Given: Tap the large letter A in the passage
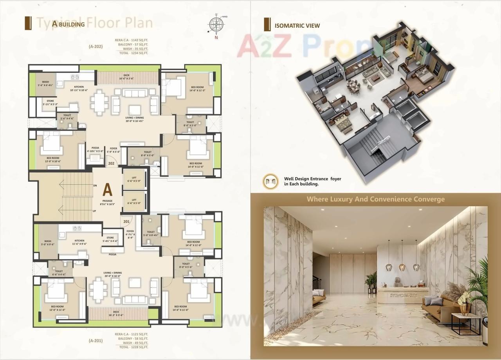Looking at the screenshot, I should pyautogui.click(x=107, y=190).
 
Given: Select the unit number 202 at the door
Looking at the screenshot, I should pyautogui.click(x=111, y=164).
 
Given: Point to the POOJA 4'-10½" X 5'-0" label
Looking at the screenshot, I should pyautogui.click(x=95, y=150).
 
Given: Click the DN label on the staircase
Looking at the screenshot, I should pyautogui.click(x=95, y=185).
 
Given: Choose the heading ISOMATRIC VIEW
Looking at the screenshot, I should pyautogui.click(x=297, y=26).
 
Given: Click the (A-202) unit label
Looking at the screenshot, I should pyautogui.click(x=96, y=47).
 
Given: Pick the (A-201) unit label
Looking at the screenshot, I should pyautogui.click(x=96, y=340).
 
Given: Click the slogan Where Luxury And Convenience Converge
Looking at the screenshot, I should pyautogui.click(x=375, y=199).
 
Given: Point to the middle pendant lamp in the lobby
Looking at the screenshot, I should pyautogui.click(x=402, y=266).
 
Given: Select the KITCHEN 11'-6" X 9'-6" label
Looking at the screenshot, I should pyautogui.click(x=79, y=242).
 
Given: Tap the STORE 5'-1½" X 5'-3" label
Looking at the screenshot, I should pyautogui.click(x=50, y=103).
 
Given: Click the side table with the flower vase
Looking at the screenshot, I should pyautogui.click(x=465, y=322).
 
